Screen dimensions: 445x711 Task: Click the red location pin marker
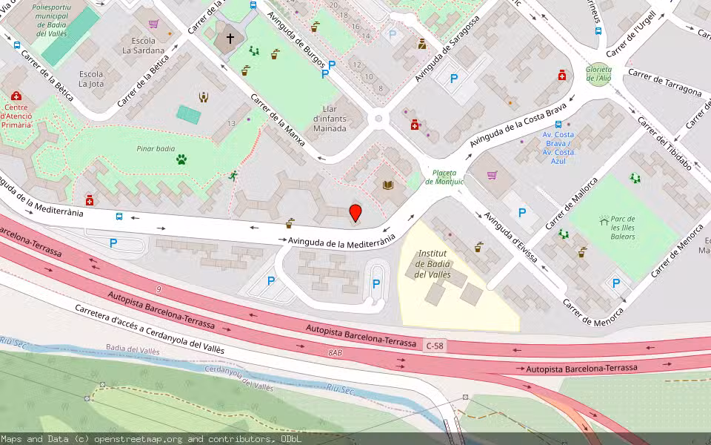(x=355, y=213)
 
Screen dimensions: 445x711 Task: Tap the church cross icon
(x=230, y=39)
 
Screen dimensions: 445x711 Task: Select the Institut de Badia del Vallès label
(x=433, y=264)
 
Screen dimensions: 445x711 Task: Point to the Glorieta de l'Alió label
(x=598, y=73)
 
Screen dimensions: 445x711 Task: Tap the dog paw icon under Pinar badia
(x=181, y=159)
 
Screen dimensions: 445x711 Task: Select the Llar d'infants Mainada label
(x=330, y=119)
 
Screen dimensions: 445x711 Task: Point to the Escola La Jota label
(x=91, y=79)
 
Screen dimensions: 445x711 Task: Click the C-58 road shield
(x=435, y=346)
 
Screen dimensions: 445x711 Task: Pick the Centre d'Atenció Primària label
(x=16, y=115)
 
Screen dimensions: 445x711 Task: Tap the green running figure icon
(x=234, y=176)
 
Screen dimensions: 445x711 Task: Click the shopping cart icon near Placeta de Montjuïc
(x=492, y=175)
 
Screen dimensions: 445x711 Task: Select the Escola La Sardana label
(x=143, y=45)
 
